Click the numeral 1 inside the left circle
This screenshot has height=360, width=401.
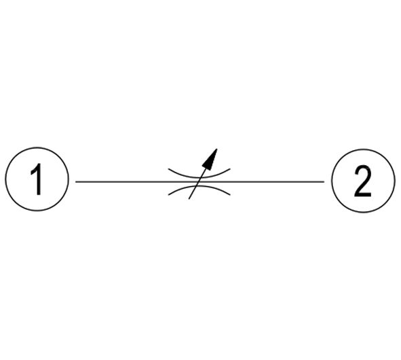click(x=37, y=179)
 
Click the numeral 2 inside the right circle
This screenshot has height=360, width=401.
click(x=363, y=181)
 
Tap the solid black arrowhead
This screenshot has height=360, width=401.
click(x=210, y=160)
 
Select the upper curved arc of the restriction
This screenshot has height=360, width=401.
click(x=199, y=177)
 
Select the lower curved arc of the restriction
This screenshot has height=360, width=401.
click(x=199, y=186)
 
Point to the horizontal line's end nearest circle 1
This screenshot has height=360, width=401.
click(x=76, y=182)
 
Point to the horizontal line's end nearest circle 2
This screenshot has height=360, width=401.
click(x=324, y=182)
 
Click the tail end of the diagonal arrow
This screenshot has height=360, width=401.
click(x=189, y=199)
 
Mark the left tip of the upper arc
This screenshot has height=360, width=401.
click(x=168, y=168)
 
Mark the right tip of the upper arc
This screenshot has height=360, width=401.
click(x=230, y=168)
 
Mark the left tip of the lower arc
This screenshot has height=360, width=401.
click(x=168, y=195)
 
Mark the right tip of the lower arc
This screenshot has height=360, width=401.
click(x=230, y=195)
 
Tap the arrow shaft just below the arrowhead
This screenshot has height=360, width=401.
click(x=204, y=172)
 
